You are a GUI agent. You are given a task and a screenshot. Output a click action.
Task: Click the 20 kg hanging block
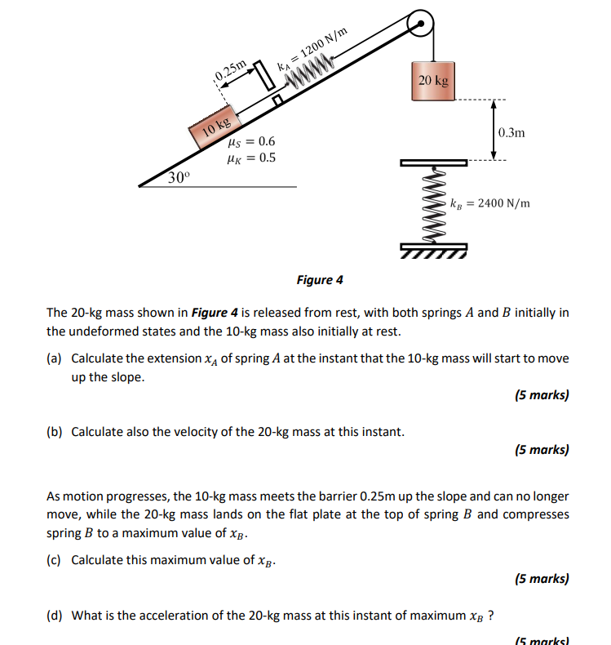[432, 81]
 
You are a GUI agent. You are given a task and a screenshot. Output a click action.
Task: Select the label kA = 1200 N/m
[314, 51]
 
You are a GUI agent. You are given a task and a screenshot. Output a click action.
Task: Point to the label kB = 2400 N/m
[489, 202]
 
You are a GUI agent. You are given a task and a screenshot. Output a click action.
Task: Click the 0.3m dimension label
[511, 132]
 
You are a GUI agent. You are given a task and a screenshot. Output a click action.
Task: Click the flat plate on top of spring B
[433, 162]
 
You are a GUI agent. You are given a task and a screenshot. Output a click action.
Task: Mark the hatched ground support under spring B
[433, 249]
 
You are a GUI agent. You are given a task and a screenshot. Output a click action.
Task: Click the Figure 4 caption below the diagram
[320, 280]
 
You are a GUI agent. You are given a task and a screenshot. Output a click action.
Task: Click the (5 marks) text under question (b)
[542, 449]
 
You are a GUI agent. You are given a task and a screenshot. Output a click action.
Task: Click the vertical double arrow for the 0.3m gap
[492, 131]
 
